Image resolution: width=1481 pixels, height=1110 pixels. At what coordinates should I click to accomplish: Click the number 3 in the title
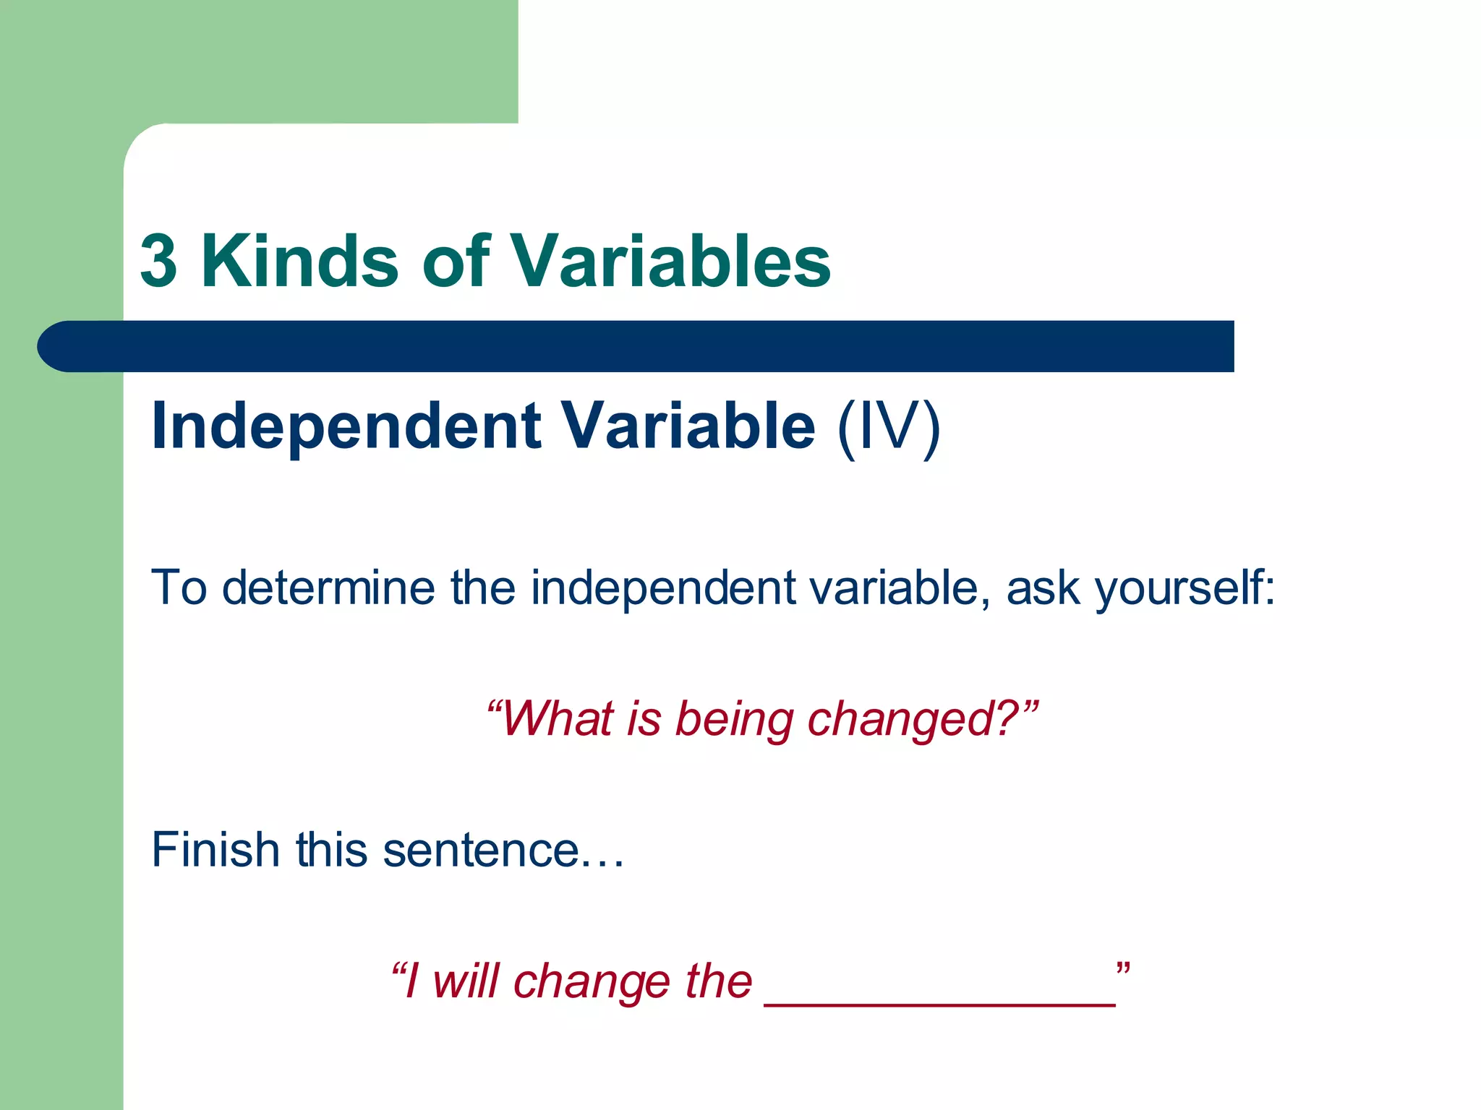pos(159,262)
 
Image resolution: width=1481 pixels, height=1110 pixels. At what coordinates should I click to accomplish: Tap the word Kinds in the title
pos(299,262)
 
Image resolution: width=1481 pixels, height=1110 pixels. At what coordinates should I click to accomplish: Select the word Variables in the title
pos(671,262)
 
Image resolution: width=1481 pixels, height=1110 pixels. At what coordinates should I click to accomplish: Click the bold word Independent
pos(346,426)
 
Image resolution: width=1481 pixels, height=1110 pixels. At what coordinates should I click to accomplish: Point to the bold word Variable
pos(688,426)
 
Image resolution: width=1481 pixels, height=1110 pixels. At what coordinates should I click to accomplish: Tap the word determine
pos(328,587)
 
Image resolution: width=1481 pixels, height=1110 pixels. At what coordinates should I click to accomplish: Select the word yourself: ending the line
pos(1185,587)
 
